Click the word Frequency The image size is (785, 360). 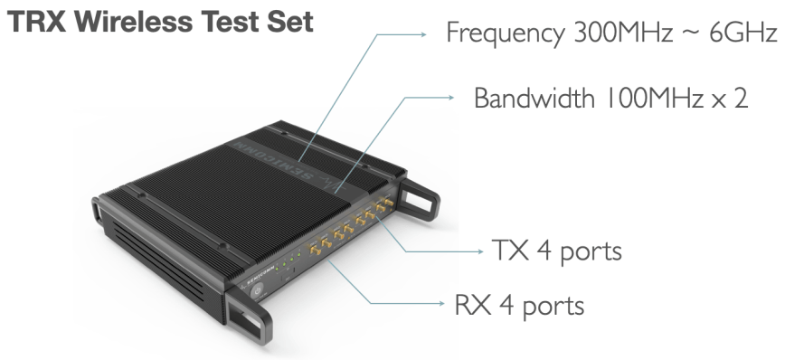coord(506,34)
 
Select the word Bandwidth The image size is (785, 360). coord(534,98)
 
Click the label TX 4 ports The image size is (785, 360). coord(557,251)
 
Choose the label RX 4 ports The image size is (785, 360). coord(519,305)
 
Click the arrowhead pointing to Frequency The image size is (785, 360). coord(423,34)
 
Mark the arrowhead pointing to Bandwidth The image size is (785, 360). coord(451,98)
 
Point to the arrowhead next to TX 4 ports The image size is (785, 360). coord(481,251)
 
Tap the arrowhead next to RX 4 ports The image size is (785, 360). coord(441,303)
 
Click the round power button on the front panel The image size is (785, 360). coord(259,290)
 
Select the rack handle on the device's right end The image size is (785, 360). coord(421,200)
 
